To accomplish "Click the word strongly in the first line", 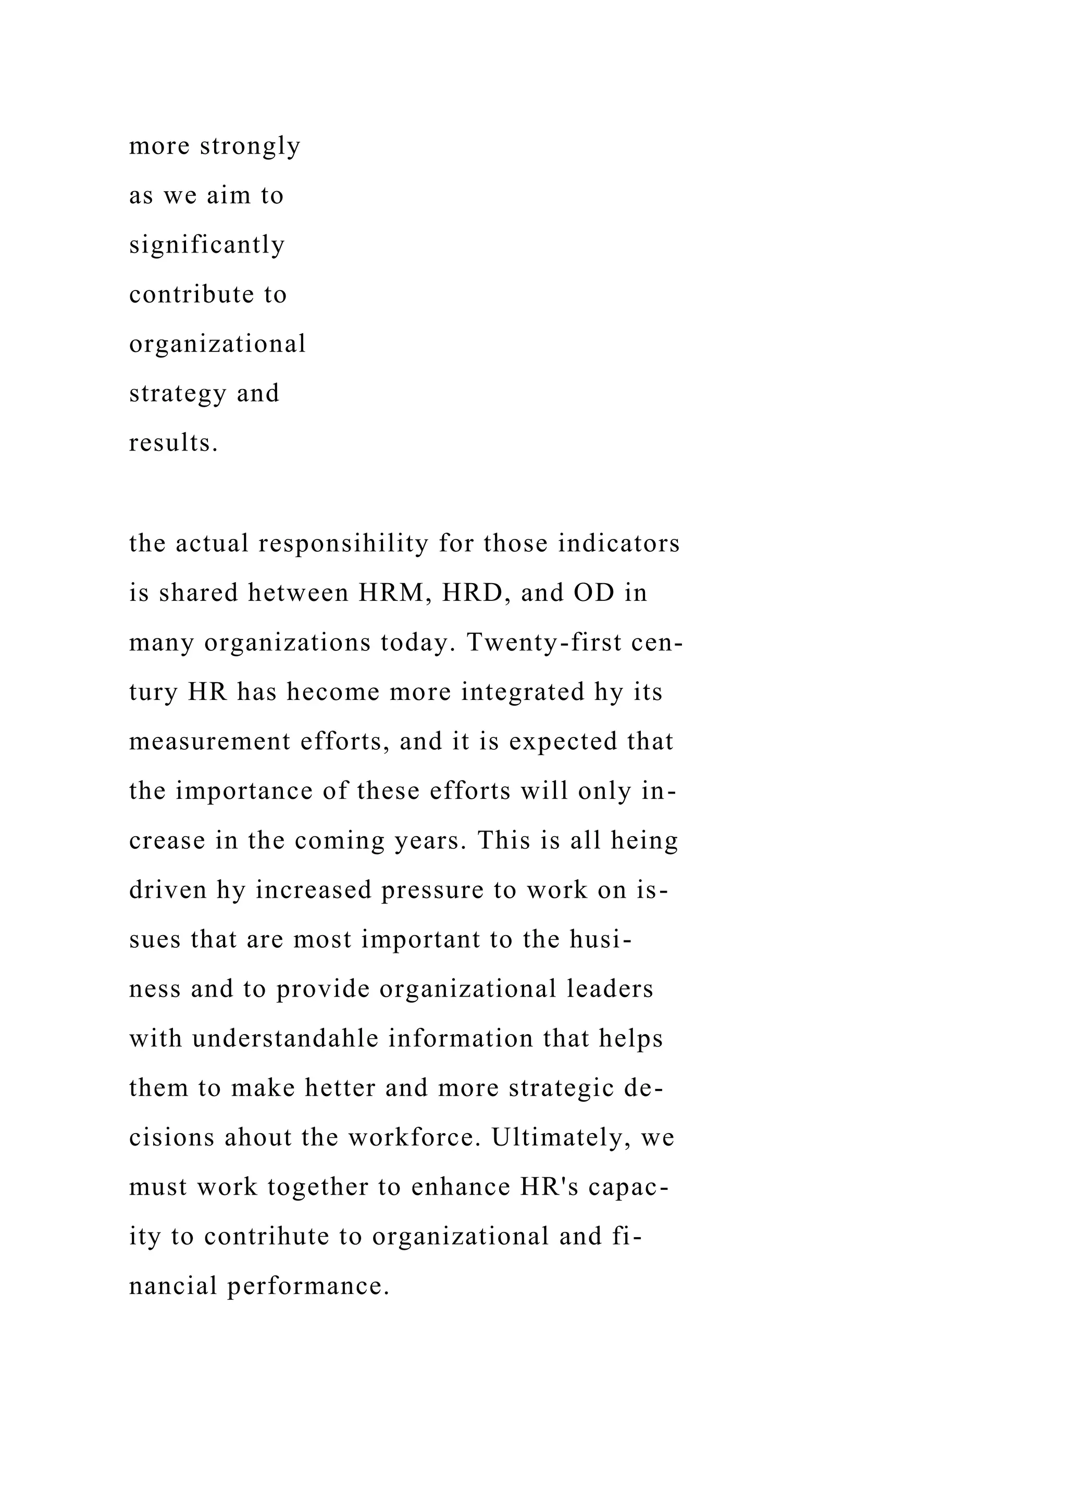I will click(x=250, y=146).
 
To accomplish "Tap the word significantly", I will click(x=207, y=245).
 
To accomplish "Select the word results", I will click(x=173, y=443).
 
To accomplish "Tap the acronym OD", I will click(x=594, y=593).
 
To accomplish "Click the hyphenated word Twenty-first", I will click(x=544, y=643).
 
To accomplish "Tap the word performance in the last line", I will click(x=309, y=1286).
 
